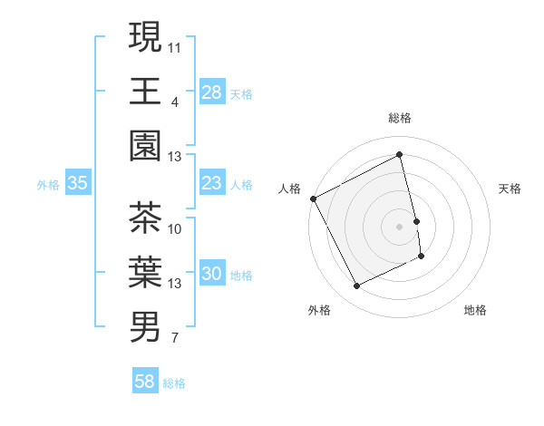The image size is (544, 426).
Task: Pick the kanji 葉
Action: tap(145, 272)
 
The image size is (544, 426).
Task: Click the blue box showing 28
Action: tap(211, 92)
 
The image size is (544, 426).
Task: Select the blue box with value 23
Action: tap(211, 183)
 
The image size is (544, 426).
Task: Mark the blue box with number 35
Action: tap(77, 183)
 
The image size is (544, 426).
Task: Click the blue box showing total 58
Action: tap(144, 382)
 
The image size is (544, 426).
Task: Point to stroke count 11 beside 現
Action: tap(175, 45)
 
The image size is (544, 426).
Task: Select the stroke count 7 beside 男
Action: tap(174, 339)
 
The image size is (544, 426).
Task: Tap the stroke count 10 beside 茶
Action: tap(175, 228)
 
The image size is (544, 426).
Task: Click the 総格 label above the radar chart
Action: tap(399, 118)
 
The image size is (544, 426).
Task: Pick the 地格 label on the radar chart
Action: tap(475, 310)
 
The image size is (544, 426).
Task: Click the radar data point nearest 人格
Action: tap(313, 198)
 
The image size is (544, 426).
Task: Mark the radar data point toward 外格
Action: tap(356, 286)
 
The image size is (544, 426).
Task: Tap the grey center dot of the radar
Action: tap(399, 226)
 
